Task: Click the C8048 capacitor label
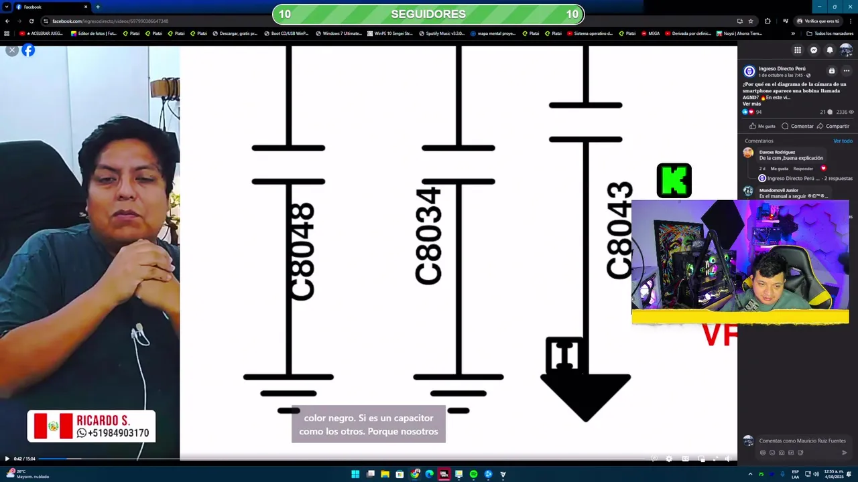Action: pyautogui.click(x=302, y=252)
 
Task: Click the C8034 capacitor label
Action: pyautogui.click(x=429, y=236)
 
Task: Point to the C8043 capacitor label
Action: pyautogui.click(x=619, y=230)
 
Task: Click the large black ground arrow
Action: pyautogui.click(x=585, y=396)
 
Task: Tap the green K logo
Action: pyautogui.click(x=674, y=181)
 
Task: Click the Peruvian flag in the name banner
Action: pyautogui.click(x=53, y=426)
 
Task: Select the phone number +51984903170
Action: pyautogui.click(x=113, y=433)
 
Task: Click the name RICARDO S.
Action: pyautogui.click(x=103, y=420)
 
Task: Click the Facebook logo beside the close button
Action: pyautogui.click(x=28, y=50)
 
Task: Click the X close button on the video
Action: pyautogui.click(x=11, y=50)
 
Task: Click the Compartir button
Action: pyautogui.click(x=833, y=126)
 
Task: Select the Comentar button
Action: pyautogui.click(x=798, y=126)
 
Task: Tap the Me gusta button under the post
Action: pyautogui.click(x=762, y=126)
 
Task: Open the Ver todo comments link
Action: pyautogui.click(x=843, y=141)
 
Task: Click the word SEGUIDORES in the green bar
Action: pyautogui.click(x=428, y=14)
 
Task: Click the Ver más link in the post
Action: pyautogui.click(x=751, y=104)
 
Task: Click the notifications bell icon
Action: pyautogui.click(x=830, y=50)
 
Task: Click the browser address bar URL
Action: pyautogui.click(x=111, y=21)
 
